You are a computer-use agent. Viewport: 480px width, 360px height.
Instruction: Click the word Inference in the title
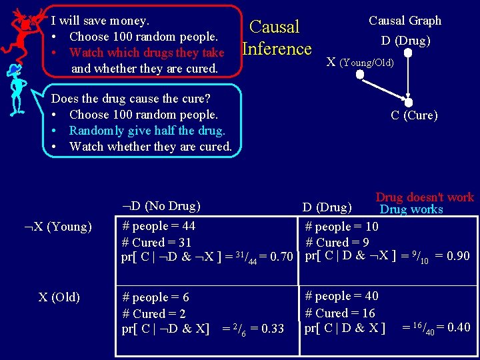[277, 49]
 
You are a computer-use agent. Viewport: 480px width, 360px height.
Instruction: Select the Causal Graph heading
[405, 21]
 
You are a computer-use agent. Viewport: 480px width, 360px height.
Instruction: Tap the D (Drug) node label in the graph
[405, 41]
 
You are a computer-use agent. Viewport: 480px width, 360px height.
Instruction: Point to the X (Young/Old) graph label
[360, 63]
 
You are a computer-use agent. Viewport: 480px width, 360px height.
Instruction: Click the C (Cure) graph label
[414, 115]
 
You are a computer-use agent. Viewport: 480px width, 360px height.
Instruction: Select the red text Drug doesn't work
[424, 197]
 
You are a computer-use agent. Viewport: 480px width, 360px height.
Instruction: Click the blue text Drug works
[411, 209]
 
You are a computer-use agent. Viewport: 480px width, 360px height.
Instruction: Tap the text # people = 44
[159, 227]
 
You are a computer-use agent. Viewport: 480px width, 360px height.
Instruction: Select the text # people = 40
[341, 296]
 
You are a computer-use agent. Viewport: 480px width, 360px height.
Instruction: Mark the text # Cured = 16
[340, 313]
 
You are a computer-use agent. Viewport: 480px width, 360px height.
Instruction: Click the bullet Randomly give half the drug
[147, 131]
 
